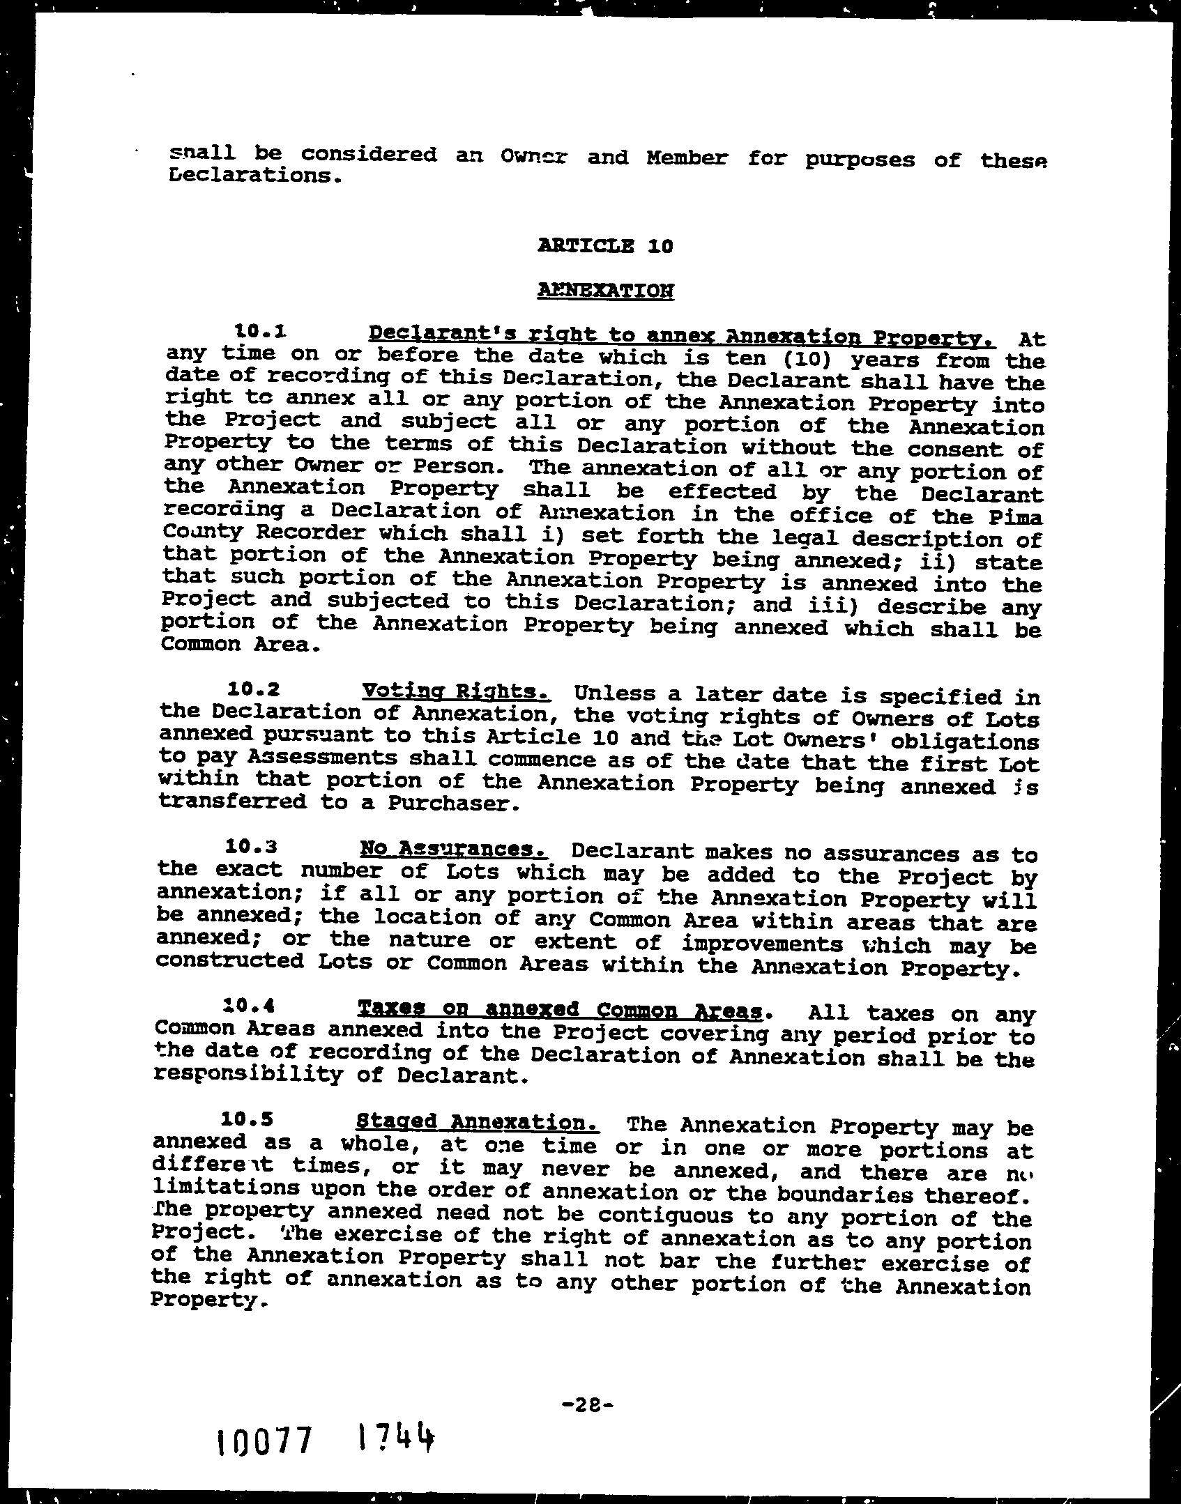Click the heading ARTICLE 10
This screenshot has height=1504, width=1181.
605,246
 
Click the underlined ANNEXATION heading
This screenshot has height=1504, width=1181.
605,290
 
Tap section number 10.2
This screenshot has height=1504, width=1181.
254,689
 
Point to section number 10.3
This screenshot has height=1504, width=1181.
252,847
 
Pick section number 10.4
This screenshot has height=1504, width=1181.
249,1006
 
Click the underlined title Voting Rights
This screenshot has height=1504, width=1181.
457,691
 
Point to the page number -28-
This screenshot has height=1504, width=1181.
586,1405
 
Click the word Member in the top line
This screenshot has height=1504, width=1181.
687,158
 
